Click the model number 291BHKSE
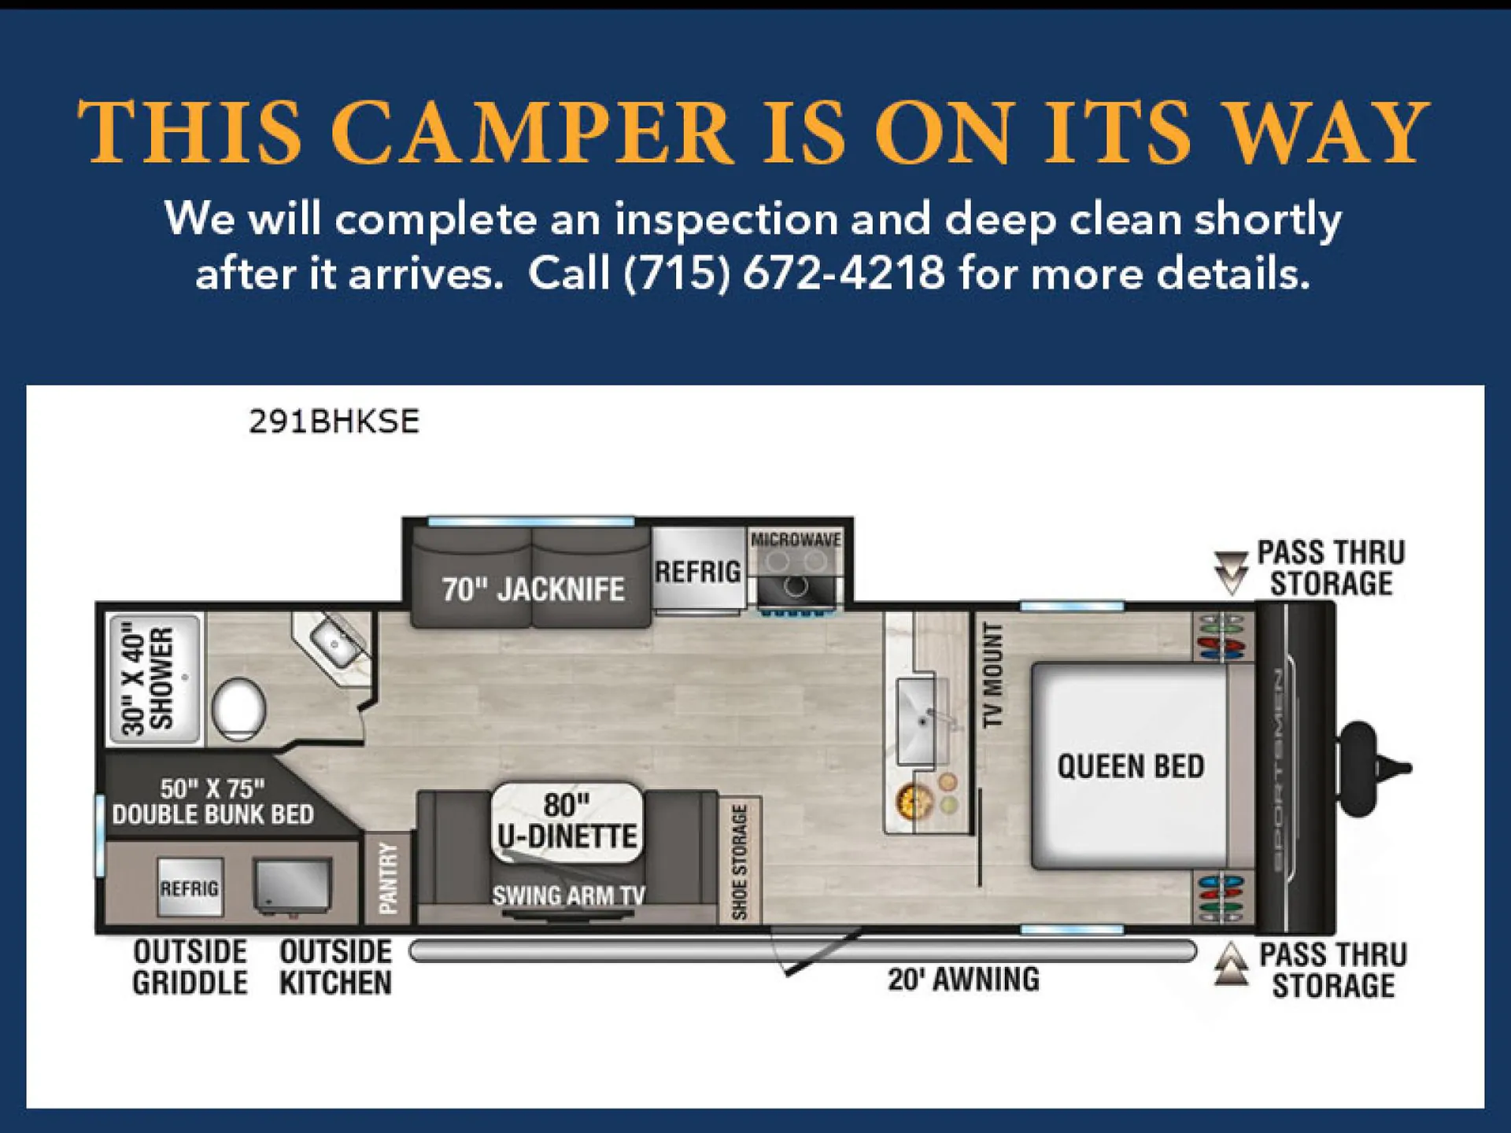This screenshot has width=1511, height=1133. pos(334,422)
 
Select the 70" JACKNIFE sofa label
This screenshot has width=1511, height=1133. pos(533,589)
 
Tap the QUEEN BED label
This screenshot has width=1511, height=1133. pos(1130,766)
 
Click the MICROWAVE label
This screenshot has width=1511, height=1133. pos(796,540)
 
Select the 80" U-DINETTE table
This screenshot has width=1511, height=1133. pos(567,821)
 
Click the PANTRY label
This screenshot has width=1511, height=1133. pos(388,878)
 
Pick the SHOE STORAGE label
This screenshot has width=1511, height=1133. pos(739,862)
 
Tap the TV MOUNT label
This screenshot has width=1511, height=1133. pos(993,674)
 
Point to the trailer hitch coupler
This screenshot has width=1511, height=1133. pos(1374,767)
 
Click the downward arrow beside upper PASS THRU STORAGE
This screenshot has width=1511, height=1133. pos(1231,573)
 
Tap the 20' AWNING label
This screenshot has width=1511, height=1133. pos(963,980)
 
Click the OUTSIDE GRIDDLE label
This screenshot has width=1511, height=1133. pos(190,967)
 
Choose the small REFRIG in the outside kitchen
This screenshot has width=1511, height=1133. pos(190,888)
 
